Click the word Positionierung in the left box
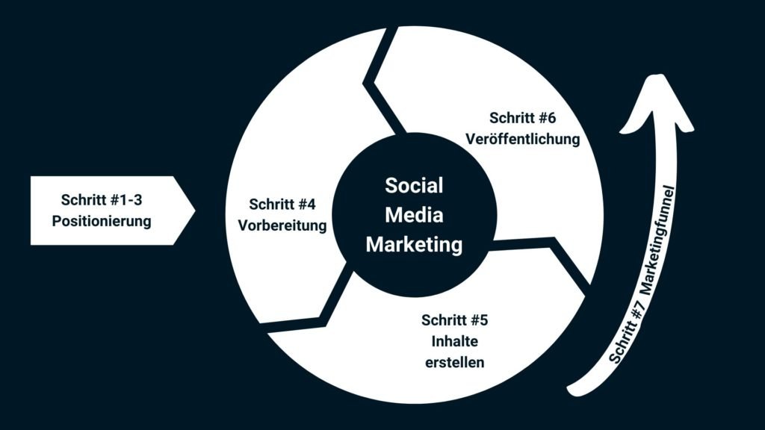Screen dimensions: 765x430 tap(102, 221)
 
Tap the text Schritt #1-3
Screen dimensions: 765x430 tap(102, 200)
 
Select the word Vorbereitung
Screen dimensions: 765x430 tap(282, 225)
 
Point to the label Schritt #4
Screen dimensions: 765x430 tap(282, 205)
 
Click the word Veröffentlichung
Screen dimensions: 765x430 tap(522, 139)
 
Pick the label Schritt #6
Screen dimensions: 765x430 tap(522, 118)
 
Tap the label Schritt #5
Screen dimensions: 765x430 tap(455, 320)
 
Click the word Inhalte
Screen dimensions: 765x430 tap(455, 341)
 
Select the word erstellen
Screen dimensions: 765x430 tap(455, 363)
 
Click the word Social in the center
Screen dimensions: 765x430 tap(414, 186)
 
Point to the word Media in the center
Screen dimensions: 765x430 tap(414, 215)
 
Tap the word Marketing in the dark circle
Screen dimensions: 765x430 tap(414, 245)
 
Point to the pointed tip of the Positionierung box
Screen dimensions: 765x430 tap(195, 211)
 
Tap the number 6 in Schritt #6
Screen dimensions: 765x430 tap(551, 118)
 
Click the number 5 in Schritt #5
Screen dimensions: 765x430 tap(483, 320)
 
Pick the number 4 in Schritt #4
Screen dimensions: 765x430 tap(311, 205)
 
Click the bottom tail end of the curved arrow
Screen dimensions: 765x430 tap(572, 390)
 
